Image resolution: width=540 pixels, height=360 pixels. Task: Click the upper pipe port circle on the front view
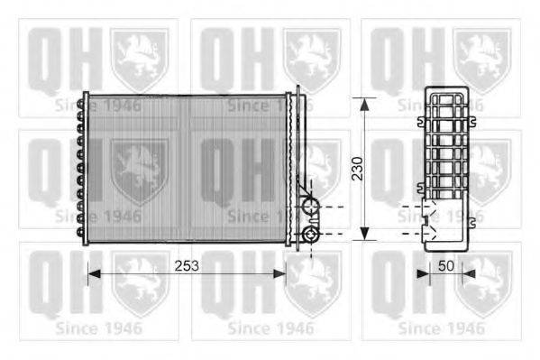(311, 207)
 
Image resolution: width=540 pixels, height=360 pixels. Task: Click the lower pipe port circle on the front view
(311, 235)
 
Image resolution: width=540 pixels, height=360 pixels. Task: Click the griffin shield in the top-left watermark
(139, 59)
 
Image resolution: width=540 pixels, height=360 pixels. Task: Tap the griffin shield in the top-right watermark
(482, 59)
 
